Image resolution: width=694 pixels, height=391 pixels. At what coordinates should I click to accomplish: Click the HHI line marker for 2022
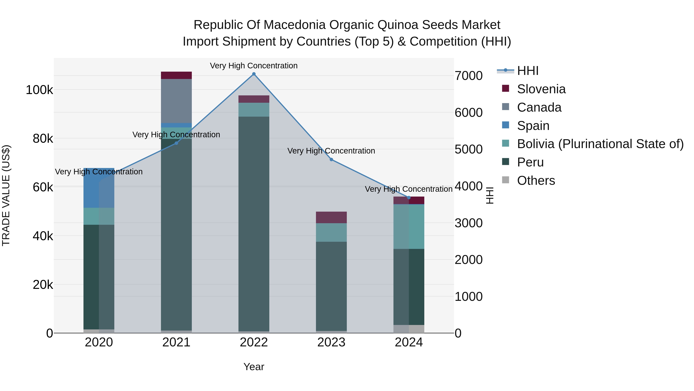tap(254, 74)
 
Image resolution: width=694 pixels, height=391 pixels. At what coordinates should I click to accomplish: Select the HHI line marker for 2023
tap(331, 159)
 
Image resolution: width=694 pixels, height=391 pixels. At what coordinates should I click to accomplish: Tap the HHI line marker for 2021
tap(176, 143)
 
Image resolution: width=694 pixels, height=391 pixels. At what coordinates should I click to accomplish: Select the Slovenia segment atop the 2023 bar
tap(331, 217)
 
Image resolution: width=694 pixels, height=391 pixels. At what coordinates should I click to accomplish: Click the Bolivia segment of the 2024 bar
tap(409, 226)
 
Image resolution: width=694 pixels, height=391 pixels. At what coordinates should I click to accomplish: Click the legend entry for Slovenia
tap(541, 89)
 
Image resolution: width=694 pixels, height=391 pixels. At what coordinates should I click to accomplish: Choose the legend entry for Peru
tap(530, 162)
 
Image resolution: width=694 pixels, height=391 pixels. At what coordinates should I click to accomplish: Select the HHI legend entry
tap(527, 71)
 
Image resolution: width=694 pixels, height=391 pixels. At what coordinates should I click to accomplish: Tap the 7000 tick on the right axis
tap(468, 76)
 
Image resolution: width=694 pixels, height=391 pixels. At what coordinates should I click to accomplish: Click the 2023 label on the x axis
tap(331, 342)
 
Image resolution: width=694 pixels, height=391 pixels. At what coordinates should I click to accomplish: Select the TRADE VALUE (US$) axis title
tap(6, 195)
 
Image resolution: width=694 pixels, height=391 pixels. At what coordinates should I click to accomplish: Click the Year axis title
tap(254, 367)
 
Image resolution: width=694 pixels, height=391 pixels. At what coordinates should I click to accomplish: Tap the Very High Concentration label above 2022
tap(254, 66)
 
